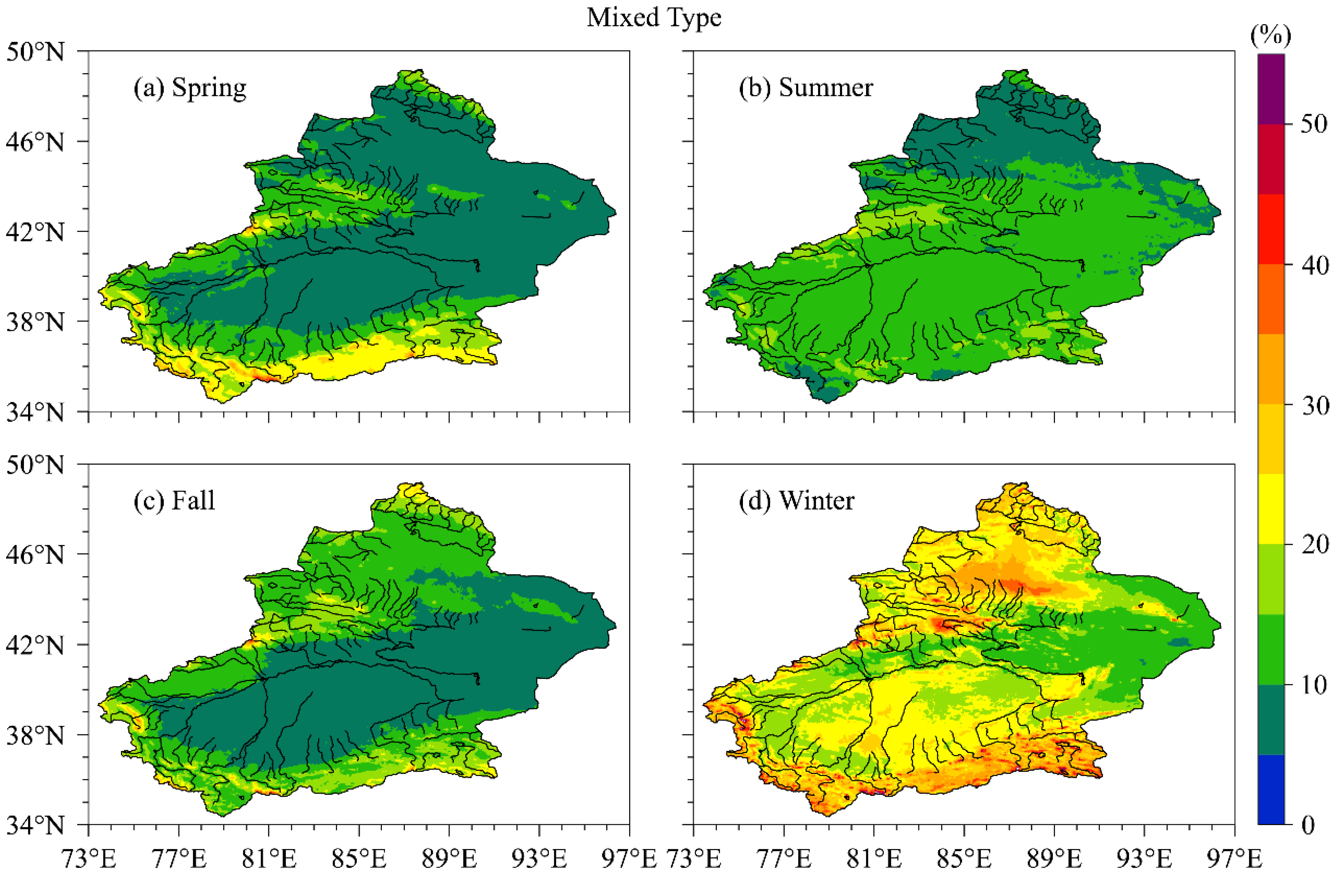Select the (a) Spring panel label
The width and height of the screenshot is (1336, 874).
pos(190,88)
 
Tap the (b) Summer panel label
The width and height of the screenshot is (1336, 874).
pos(805,88)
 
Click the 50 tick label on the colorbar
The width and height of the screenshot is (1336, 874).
pos(1314,124)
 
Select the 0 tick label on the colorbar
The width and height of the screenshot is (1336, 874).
pos(1308,824)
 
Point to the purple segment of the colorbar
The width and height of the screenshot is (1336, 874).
pos(1270,89)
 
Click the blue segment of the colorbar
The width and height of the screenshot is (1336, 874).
pos(1270,789)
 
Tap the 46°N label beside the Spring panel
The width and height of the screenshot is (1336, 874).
pos(35,142)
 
